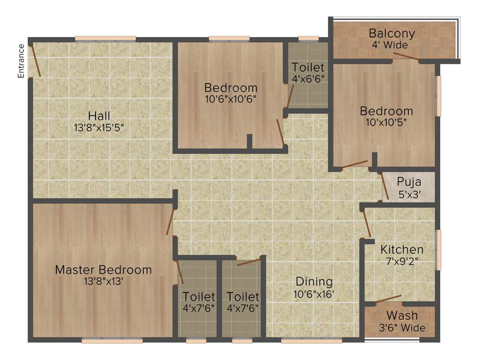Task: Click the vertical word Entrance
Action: click(x=21, y=60)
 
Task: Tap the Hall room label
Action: click(x=99, y=116)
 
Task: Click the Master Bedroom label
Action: click(x=103, y=270)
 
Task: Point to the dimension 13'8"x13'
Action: click(x=103, y=281)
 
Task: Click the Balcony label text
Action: click(x=392, y=34)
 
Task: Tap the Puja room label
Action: click(x=409, y=181)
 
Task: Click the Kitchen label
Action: click(x=402, y=249)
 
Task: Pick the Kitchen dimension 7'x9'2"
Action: click(x=402, y=261)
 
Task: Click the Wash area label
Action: click(x=402, y=315)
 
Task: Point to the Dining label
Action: click(x=314, y=282)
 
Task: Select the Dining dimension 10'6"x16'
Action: click(x=314, y=294)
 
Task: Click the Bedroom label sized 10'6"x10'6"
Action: click(x=231, y=88)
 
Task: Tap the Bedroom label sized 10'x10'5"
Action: click(x=386, y=111)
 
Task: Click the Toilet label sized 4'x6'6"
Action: click(x=307, y=67)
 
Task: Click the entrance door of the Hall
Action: click(x=35, y=61)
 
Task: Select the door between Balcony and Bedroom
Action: click(x=406, y=57)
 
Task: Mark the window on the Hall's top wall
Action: click(x=105, y=39)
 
